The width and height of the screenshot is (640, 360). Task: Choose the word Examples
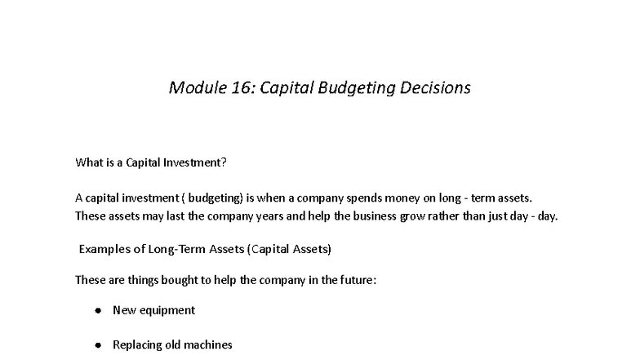point(103,249)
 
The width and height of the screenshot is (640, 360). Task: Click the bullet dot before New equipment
point(98,311)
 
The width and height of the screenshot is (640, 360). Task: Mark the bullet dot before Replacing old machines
point(98,345)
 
